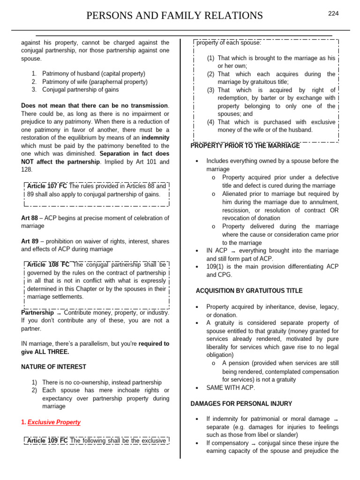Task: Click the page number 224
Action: (x=333, y=14)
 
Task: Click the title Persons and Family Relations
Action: (x=175, y=16)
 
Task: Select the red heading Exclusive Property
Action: (x=54, y=422)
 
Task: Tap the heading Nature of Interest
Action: (x=54, y=367)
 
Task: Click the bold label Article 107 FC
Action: (x=47, y=186)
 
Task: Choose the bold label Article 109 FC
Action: (x=47, y=441)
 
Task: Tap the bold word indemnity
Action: (x=155, y=137)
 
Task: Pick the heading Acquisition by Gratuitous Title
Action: (x=249, y=291)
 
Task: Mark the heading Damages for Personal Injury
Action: (x=241, y=404)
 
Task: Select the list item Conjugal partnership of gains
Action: (x=80, y=90)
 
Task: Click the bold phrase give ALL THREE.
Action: (x=45, y=352)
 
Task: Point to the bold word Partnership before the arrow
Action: (x=37, y=312)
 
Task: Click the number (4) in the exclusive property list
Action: (x=211, y=122)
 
